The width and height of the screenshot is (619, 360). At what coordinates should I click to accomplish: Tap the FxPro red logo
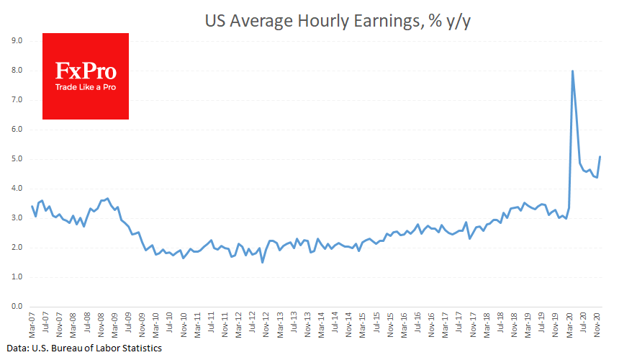(86, 76)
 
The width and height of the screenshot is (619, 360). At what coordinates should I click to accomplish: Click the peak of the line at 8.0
(572, 71)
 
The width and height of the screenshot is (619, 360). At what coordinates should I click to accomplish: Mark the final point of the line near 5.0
(600, 157)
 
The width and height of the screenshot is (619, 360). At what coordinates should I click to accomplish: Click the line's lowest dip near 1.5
(263, 262)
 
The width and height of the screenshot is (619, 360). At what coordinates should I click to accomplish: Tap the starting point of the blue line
(32, 206)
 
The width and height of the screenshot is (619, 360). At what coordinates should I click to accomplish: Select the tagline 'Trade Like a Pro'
(86, 87)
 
